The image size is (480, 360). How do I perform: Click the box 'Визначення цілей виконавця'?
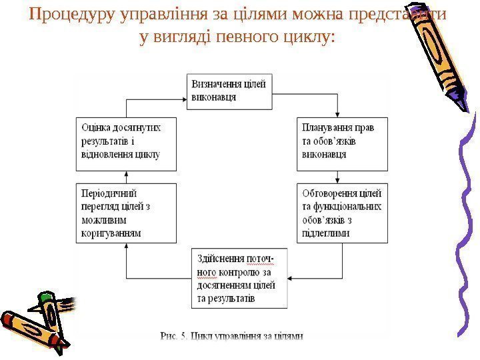pos(229,92)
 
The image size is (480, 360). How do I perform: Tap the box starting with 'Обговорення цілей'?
pos(341,212)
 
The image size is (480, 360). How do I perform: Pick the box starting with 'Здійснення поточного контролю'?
pos(241,279)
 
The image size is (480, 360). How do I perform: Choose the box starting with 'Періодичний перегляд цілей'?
pos(126,212)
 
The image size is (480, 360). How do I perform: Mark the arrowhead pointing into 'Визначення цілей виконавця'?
pos(182,100)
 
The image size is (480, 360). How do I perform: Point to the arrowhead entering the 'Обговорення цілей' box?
pos(338,179)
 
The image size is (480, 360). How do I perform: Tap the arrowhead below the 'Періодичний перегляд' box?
pos(127,246)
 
